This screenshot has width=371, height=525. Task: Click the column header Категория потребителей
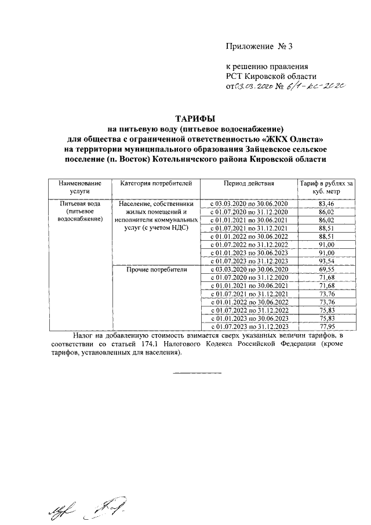click(155, 184)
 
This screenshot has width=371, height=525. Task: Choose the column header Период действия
click(249, 184)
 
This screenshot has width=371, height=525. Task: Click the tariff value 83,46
click(326, 205)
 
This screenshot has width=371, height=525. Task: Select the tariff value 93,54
click(326, 262)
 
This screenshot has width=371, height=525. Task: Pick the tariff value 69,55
click(326, 270)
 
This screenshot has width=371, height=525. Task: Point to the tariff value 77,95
click(326, 327)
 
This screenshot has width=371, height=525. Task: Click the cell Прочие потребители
click(155, 270)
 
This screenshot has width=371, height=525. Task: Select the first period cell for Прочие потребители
click(249, 270)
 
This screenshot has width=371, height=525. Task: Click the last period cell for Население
click(249, 262)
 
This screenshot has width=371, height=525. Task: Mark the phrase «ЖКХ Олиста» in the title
click(296, 139)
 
